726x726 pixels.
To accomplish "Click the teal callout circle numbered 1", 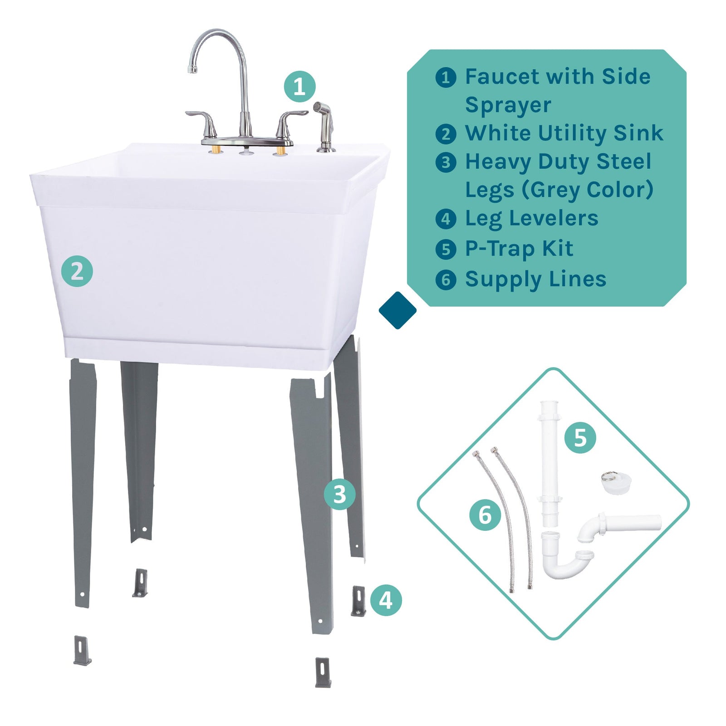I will coord(299,86).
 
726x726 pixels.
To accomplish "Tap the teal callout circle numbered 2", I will coord(77,271).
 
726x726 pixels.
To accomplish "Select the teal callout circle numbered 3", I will coord(339,494).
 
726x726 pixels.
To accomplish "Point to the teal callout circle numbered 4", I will coord(386,600).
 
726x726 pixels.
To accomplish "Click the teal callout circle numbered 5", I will coord(580,437).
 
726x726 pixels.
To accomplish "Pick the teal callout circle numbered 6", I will coord(485,515).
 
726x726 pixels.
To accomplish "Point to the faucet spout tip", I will coord(193,69).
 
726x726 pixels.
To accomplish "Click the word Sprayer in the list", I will coord(508,105).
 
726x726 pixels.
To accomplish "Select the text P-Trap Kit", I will coord(519,249).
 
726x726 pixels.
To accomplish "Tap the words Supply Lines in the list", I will coord(535,279).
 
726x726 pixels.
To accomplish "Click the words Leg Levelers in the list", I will coord(531,218).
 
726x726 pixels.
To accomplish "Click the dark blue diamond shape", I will coord(397,310).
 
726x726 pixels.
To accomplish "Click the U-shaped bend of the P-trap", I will coord(563,567).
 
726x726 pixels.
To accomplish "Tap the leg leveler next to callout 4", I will coord(358,601).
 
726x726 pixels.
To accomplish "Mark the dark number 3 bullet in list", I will coord(446,162).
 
